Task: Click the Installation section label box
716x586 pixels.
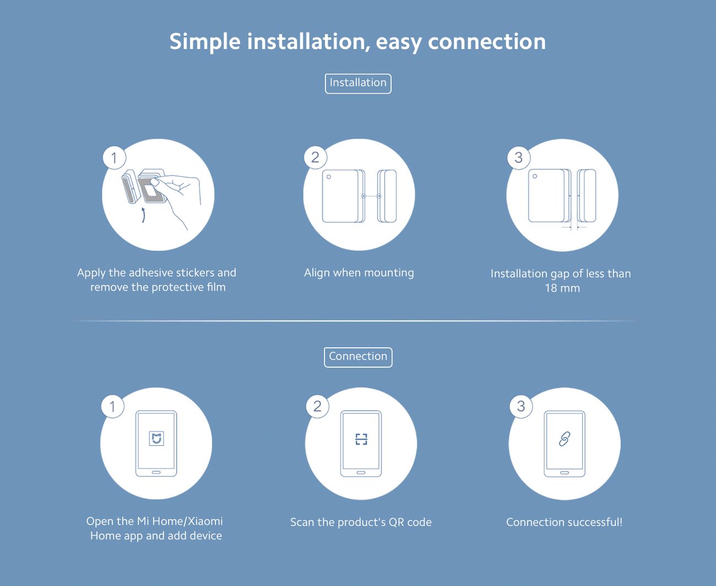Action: pos(358,84)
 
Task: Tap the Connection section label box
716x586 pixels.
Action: pos(358,357)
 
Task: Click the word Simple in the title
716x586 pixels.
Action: pos(205,42)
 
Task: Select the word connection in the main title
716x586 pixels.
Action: pos(487,42)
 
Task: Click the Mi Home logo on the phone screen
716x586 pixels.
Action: pos(156,438)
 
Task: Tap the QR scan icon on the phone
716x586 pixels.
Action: pos(361,439)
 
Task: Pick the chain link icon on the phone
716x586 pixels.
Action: pos(564,439)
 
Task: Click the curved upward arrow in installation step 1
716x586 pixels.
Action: pos(144,215)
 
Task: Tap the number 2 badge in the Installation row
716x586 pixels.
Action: pos(316,157)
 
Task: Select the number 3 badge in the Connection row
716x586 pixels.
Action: pos(521,406)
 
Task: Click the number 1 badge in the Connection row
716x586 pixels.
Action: pos(113,406)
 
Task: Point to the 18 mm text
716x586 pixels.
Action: pos(562,288)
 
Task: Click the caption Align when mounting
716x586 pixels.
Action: pos(359,273)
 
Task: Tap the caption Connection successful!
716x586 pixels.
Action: pos(564,522)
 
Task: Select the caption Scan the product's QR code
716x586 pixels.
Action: pos(361,523)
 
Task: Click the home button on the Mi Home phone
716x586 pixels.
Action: pos(156,472)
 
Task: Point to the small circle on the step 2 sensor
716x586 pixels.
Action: pos(329,177)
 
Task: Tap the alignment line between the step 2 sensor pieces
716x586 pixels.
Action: pos(371,196)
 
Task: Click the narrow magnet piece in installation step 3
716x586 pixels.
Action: pos(587,196)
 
